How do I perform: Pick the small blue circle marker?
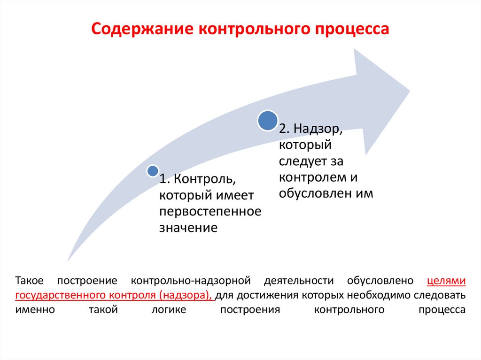pos(152,171)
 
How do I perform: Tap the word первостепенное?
pos(210,212)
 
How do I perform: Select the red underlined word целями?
pos(446,281)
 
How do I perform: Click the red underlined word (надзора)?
pos(186,296)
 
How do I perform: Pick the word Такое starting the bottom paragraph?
pos(29,281)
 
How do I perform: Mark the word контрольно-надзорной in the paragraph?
pos(189,281)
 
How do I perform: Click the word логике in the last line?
pos(169,310)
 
